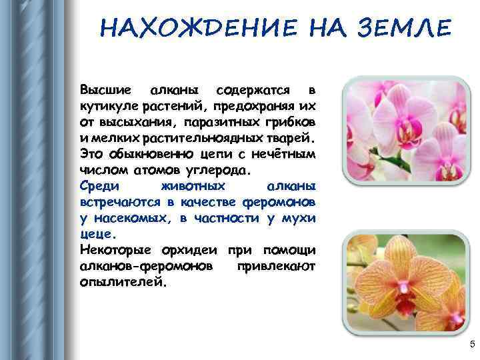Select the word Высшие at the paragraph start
click(102, 90)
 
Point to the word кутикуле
click(107, 106)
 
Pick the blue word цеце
click(97, 234)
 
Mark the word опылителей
click(120, 282)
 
